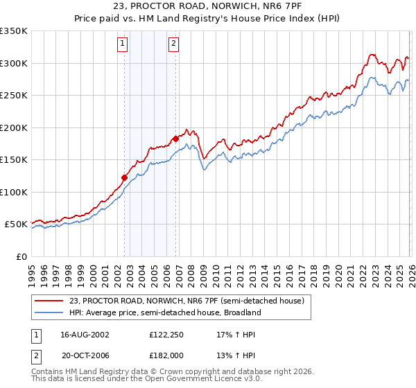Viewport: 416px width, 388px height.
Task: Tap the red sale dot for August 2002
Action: (x=125, y=177)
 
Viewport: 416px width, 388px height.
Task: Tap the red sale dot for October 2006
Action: (x=176, y=139)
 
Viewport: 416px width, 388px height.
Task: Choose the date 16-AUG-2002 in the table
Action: (x=85, y=334)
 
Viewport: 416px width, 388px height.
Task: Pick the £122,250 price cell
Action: (x=165, y=334)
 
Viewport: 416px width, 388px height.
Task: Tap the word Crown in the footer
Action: (x=172, y=373)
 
